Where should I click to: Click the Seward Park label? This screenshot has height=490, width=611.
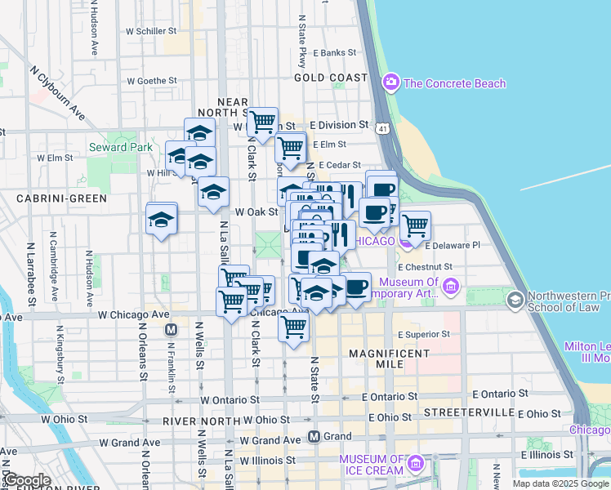(x=119, y=147)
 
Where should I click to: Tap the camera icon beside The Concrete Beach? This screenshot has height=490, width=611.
(x=390, y=82)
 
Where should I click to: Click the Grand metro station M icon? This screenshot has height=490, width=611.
(x=313, y=437)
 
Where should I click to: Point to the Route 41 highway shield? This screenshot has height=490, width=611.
(x=382, y=128)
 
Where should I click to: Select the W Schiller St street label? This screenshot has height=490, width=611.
(x=151, y=30)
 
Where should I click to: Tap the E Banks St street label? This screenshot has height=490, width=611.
(x=334, y=52)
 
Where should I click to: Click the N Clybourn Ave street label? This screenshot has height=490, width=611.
(x=57, y=93)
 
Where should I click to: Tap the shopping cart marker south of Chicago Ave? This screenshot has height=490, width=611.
(x=292, y=327)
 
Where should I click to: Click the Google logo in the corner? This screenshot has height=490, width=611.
(x=27, y=480)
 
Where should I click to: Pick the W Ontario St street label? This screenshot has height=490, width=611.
(x=231, y=400)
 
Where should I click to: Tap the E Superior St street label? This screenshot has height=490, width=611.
(x=423, y=334)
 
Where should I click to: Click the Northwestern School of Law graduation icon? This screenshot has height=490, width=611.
(x=515, y=301)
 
